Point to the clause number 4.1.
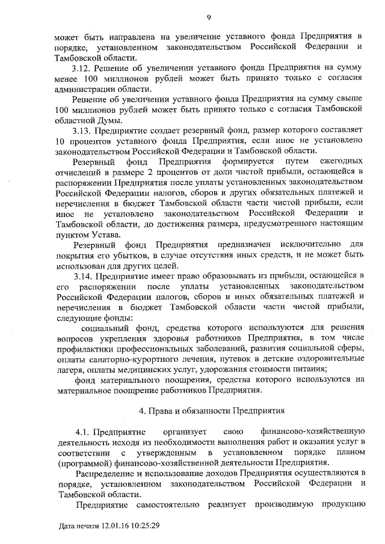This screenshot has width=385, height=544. click(x=84, y=431)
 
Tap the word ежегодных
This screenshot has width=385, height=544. click(x=340, y=161)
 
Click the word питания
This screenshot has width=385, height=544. click(x=309, y=368)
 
